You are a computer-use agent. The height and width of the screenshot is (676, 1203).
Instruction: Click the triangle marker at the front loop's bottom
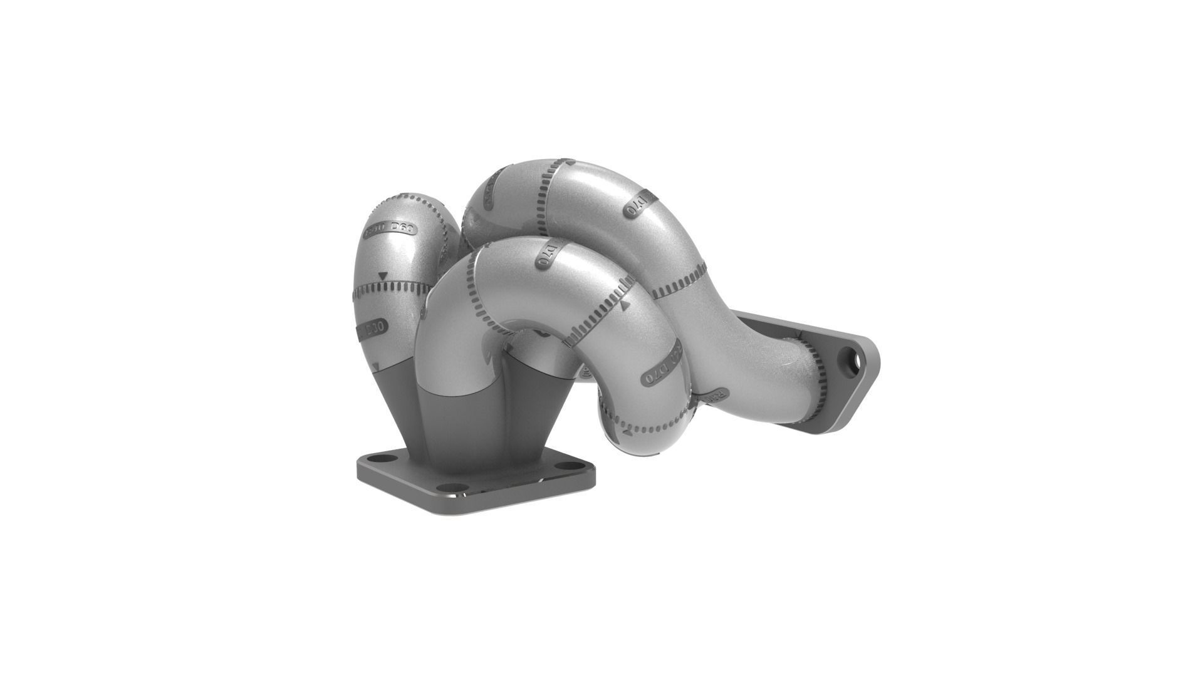click(x=627, y=433)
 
